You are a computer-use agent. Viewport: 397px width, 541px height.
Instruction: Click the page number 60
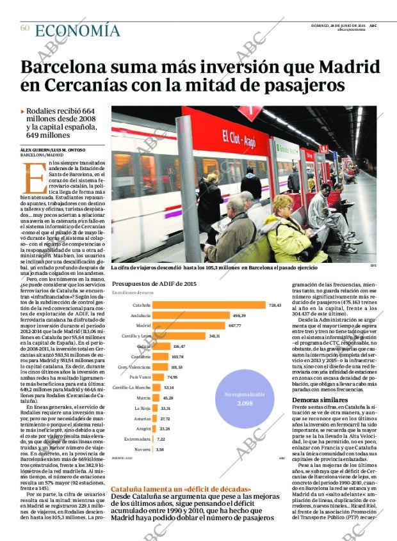point(25,28)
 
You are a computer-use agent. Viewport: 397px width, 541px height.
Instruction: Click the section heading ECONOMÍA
point(77,30)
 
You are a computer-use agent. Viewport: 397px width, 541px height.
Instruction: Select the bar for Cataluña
point(208,305)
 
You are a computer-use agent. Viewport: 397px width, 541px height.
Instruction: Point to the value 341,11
point(214,336)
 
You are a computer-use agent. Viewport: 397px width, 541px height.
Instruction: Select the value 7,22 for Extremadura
point(161,439)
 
